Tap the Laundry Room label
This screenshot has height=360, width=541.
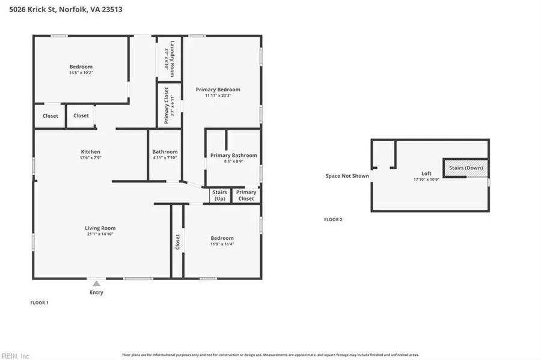[x=172, y=58]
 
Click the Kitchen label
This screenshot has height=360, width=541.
[x=91, y=151]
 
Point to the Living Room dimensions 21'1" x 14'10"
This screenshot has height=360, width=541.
[x=100, y=234]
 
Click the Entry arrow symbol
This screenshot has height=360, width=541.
[x=96, y=283]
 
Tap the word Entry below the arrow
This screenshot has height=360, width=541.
[x=96, y=293]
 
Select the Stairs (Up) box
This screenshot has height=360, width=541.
[x=220, y=195]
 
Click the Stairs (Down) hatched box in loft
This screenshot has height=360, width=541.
[x=466, y=168]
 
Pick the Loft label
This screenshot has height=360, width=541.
[x=427, y=173]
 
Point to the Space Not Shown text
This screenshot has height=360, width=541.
[x=347, y=176]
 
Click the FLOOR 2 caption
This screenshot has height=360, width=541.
[x=333, y=220]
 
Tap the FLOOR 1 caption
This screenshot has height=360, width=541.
[x=39, y=303]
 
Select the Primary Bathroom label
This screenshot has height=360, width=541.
[x=233, y=155]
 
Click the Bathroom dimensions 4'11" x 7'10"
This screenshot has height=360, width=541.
[x=165, y=158]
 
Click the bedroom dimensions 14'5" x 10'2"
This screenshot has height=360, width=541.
[x=81, y=73]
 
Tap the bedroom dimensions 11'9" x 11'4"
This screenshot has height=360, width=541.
[x=222, y=244]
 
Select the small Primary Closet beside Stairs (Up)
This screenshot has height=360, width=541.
[x=246, y=195]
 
